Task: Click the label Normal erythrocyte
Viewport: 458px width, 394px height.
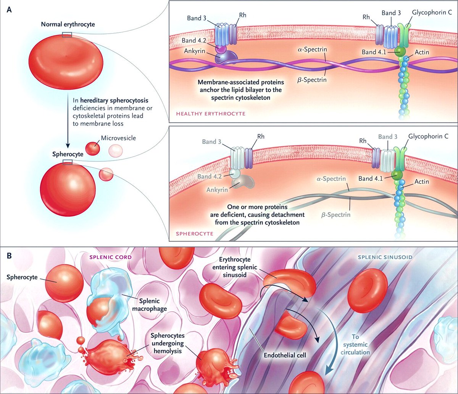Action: point(68,24)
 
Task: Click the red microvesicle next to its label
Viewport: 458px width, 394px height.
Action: point(92,149)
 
